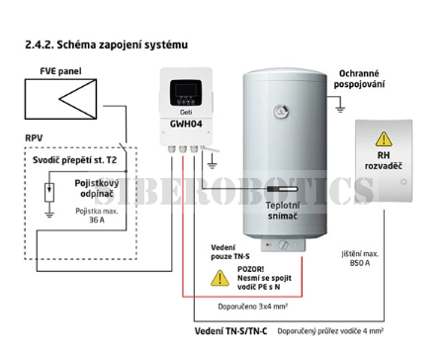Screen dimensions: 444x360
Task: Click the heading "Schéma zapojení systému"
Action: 123,45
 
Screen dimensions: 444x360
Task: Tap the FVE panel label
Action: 60,71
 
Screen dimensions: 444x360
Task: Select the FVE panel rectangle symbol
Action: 61,99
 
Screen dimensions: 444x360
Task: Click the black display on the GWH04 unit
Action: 186,93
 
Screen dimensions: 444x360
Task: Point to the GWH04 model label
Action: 186,124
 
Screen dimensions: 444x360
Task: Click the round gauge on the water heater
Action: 281,111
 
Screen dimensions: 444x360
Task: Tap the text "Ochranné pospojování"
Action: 359,79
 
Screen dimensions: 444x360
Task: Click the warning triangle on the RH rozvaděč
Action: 384,139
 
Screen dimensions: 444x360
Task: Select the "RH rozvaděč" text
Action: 384,160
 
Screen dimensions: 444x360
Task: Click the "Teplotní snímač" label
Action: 283,211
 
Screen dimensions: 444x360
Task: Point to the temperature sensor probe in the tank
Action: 282,189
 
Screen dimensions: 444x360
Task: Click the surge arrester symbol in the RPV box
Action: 49,192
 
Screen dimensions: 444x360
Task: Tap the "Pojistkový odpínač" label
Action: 96,188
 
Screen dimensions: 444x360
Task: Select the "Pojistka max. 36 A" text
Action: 97,216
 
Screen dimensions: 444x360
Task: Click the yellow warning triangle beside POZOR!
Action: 220,278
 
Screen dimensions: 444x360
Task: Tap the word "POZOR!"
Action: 250,269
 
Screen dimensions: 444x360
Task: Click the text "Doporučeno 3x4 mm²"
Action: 253,307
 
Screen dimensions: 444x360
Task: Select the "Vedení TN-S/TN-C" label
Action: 230,331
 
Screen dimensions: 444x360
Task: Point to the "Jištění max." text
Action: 360,254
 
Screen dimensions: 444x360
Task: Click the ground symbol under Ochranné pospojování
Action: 340,109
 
